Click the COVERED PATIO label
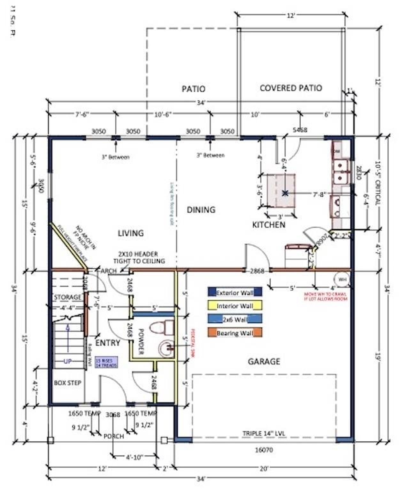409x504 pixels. click(290, 88)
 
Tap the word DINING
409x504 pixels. click(201, 210)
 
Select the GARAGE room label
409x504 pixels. click(264, 361)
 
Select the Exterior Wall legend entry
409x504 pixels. click(235, 292)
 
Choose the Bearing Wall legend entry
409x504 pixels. click(235, 333)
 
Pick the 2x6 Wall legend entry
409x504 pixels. click(235, 319)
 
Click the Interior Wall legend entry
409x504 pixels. click(235, 306)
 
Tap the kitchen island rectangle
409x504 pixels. click(281, 191)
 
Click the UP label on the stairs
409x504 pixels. click(67, 361)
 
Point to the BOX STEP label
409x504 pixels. click(67, 383)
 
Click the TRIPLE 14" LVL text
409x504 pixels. click(264, 434)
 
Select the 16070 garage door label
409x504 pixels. click(264, 450)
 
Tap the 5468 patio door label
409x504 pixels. click(300, 130)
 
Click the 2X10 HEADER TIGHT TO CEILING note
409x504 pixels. click(139, 257)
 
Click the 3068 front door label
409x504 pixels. click(113, 415)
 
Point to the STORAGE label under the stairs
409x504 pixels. click(67, 297)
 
